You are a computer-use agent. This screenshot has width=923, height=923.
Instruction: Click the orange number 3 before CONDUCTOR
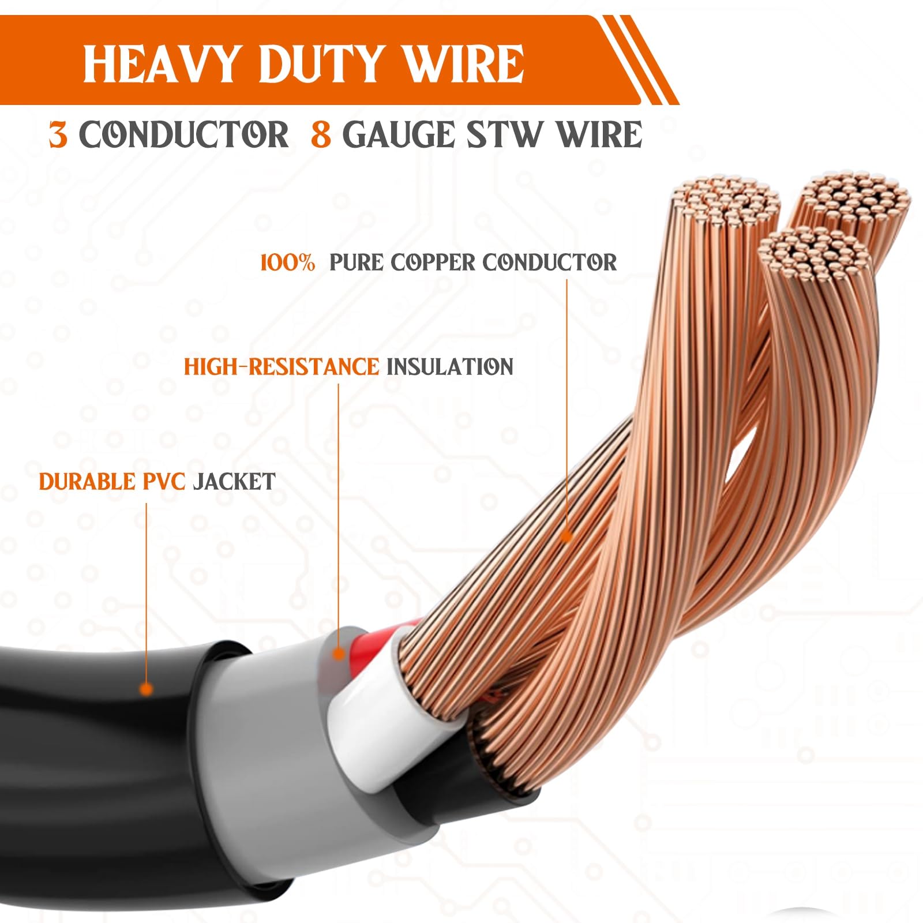coord(58,135)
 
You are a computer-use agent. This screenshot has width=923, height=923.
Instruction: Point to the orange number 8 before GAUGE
coord(321,135)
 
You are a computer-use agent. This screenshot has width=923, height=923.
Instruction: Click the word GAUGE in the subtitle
coord(399,135)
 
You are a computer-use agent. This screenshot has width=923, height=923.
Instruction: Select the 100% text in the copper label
coord(287,263)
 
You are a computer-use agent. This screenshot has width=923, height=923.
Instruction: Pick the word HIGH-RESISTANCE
coord(282,367)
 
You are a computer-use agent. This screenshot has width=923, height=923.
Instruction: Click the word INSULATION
coord(449,367)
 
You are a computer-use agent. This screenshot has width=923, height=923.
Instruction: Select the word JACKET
coord(234,482)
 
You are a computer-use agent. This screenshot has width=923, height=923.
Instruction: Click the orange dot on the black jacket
coord(147,688)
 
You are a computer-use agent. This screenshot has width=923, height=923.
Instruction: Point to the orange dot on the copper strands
coord(566,537)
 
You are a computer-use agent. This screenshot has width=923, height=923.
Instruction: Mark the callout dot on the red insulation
coord(339,654)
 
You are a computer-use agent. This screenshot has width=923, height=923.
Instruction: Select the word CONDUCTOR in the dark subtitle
coord(183,135)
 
